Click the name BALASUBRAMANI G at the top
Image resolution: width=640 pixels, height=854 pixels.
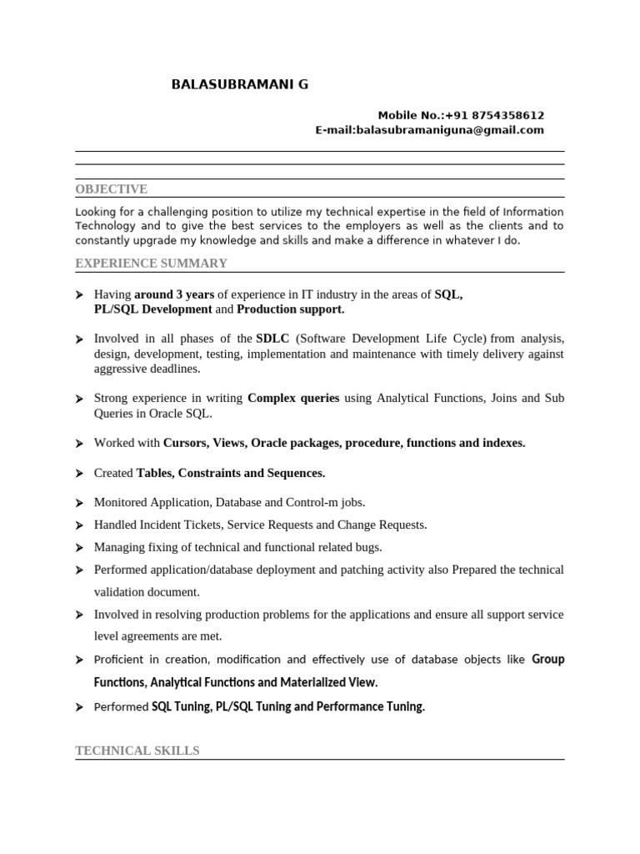click(239, 84)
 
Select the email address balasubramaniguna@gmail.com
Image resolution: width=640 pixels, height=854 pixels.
click(450, 130)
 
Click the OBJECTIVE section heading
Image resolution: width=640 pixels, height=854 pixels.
click(111, 189)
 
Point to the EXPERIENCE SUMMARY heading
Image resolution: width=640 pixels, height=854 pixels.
click(151, 264)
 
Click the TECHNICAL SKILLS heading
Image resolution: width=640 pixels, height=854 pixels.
click(137, 751)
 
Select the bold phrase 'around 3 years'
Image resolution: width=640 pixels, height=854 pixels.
click(174, 294)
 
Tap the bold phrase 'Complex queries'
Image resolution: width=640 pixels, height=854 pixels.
click(293, 399)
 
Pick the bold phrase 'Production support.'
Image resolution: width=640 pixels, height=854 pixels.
click(291, 309)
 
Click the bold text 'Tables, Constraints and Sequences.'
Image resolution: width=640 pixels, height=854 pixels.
click(231, 473)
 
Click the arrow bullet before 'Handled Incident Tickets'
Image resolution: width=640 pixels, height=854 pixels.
click(79, 525)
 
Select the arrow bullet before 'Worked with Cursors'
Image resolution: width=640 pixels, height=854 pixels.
click(79, 444)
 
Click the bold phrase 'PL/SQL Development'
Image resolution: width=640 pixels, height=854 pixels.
click(153, 309)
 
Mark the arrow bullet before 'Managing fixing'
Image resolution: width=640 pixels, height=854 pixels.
click(79, 548)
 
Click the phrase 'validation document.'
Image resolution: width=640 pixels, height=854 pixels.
click(147, 592)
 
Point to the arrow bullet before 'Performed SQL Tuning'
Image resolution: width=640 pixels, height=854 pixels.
click(79, 707)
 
